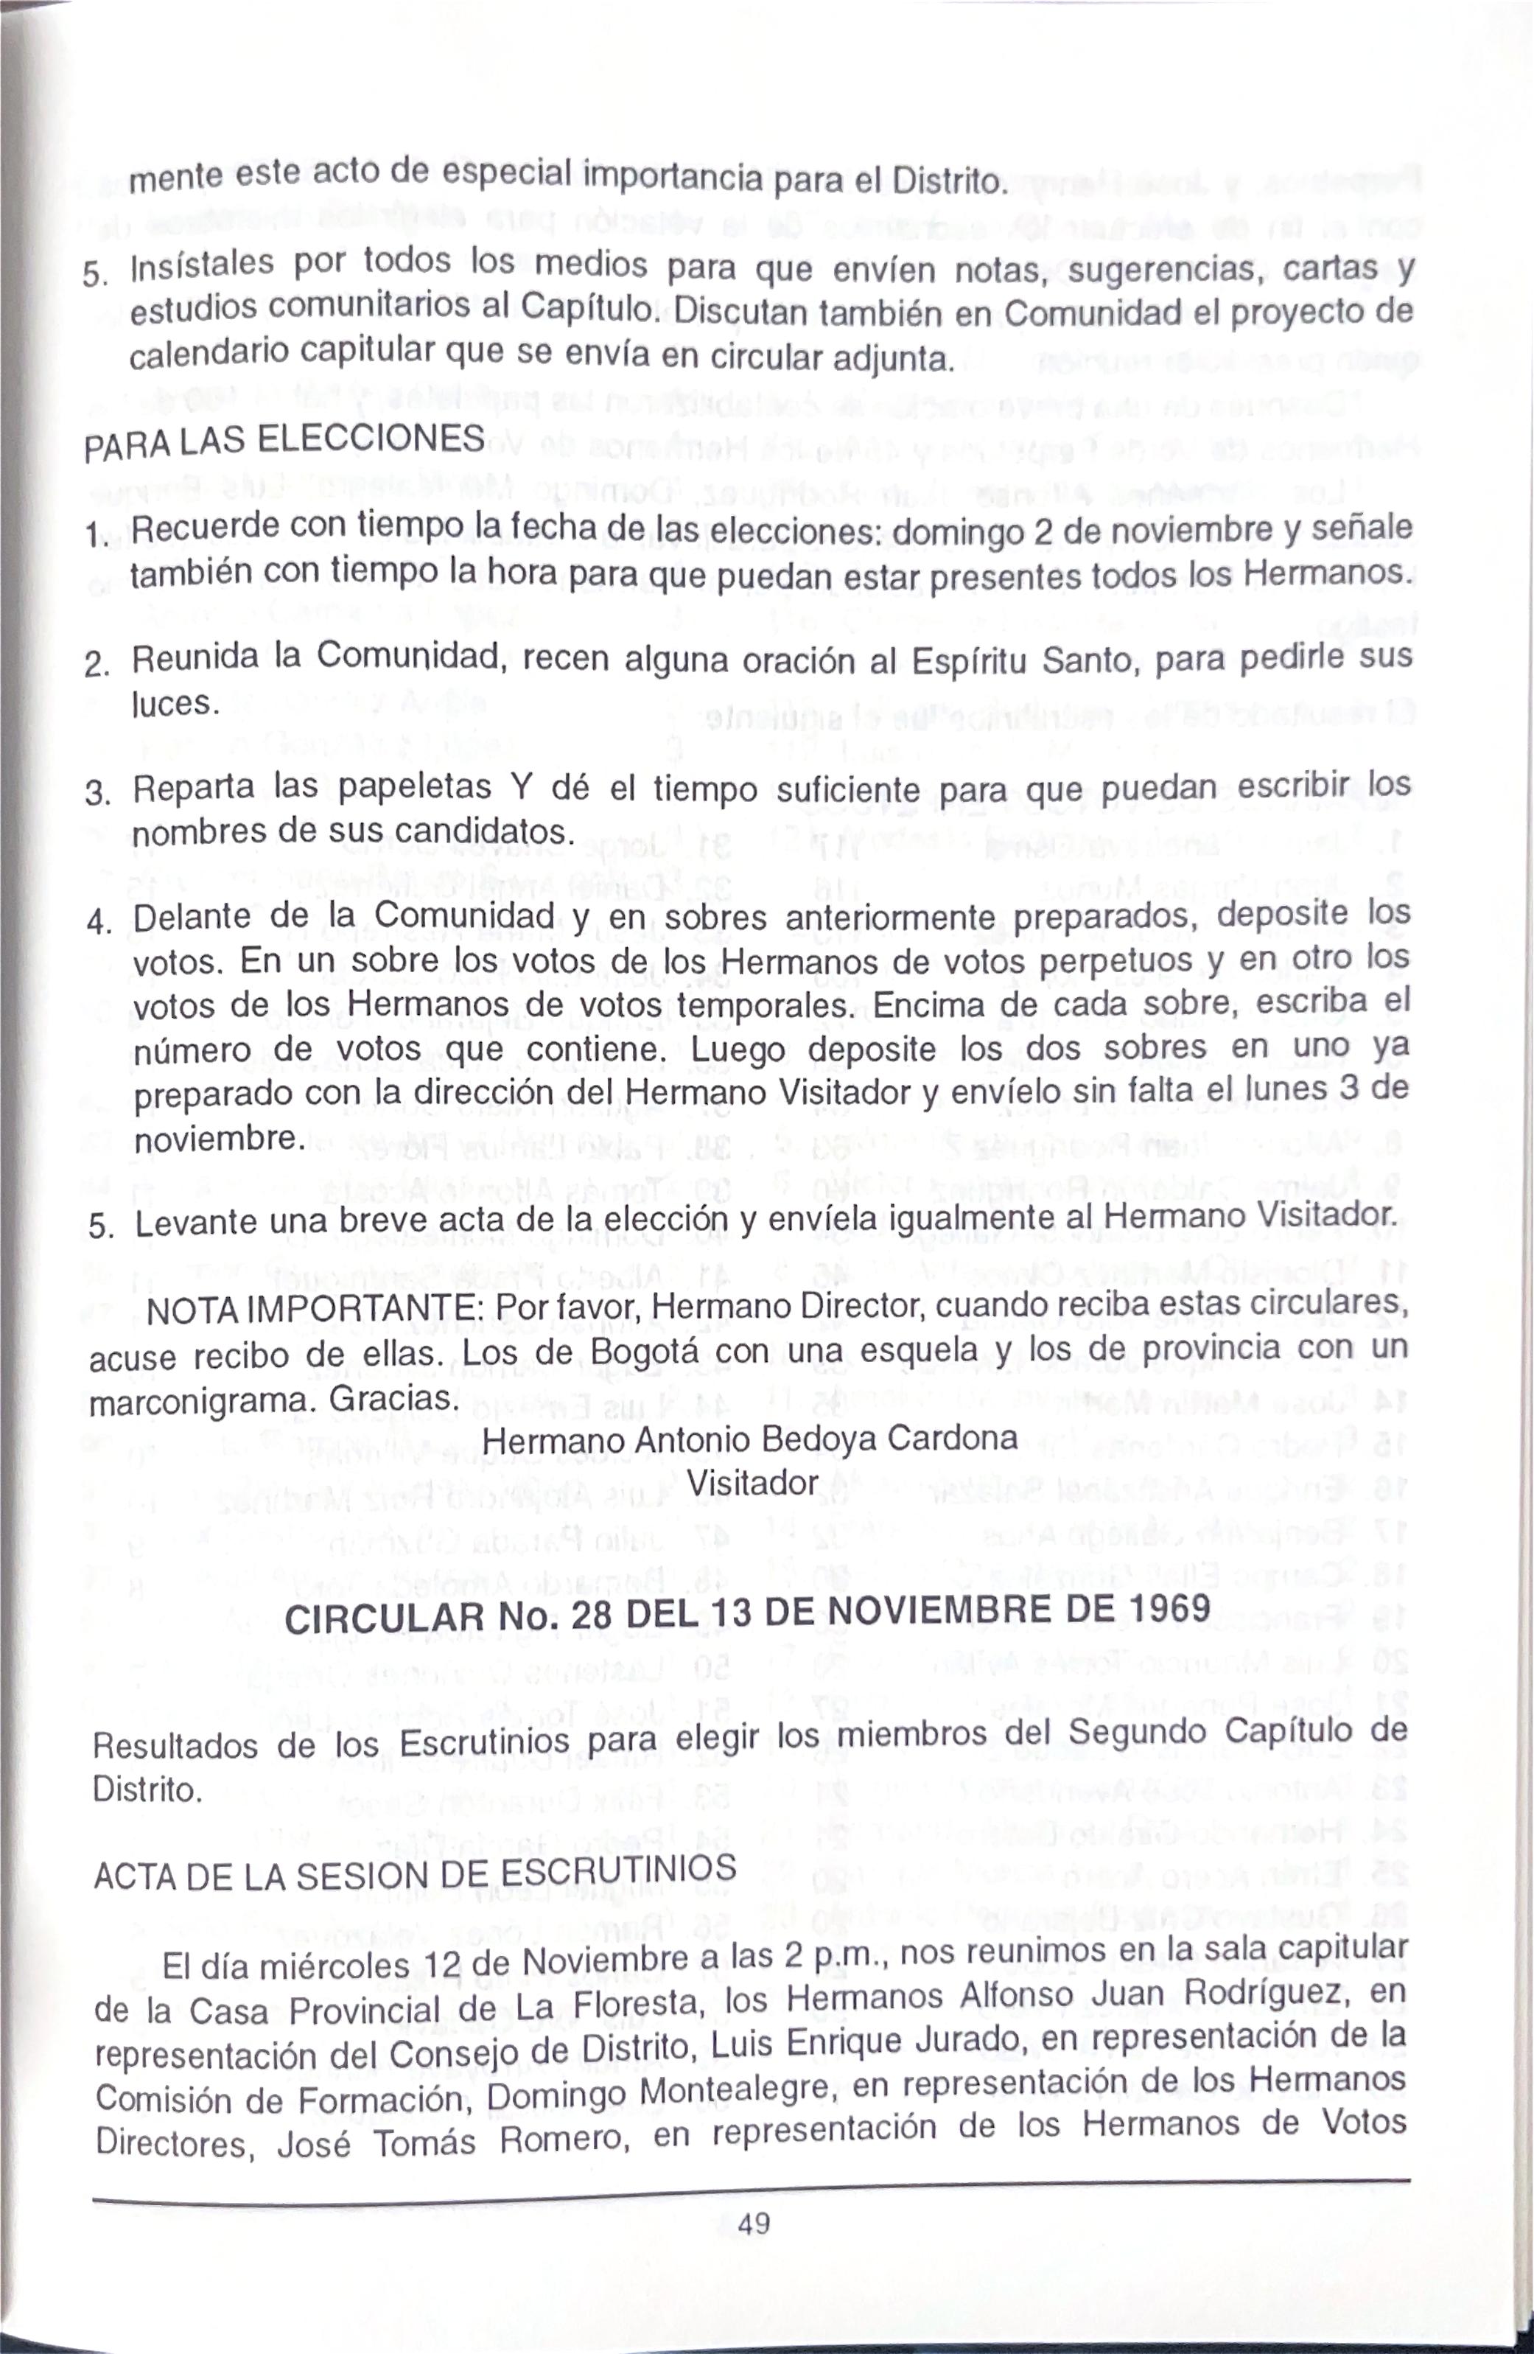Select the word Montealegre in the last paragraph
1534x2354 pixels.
(732, 2094)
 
